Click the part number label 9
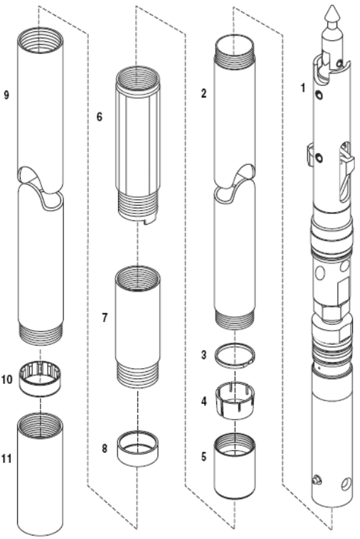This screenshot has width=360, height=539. click(6, 95)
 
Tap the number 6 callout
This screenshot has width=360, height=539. click(100, 117)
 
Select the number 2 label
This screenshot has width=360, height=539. click(204, 93)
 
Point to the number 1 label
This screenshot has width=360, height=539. click(303, 88)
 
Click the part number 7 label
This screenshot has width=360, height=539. click(105, 318)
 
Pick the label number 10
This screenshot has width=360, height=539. click(7, 380)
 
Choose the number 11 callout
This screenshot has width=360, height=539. click(6, 459)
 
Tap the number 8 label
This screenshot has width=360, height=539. click(105, 449)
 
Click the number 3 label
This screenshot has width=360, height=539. click(204, 355)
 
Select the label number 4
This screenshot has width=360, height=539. click(204, 401)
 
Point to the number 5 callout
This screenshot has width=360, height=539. click(204, 457)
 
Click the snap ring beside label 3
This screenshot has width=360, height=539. click(235, 366)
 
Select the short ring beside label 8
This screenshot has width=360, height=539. click(137, 459)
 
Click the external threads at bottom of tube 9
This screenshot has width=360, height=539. click(41, 334)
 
